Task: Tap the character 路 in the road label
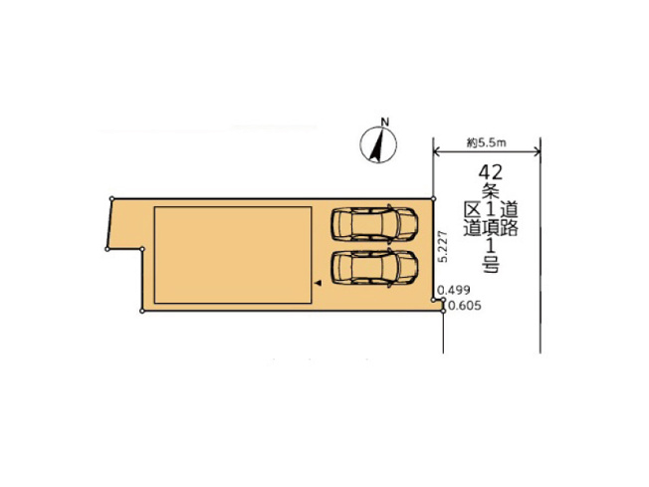pos(508,228)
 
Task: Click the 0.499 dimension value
pos(455,291)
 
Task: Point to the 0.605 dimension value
pos(464,306)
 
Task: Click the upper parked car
pos(373,224)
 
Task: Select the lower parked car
pos(373,267)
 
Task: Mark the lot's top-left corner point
pos(113,198)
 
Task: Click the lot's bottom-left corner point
pos(143,312)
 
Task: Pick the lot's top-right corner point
pos(434,198)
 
